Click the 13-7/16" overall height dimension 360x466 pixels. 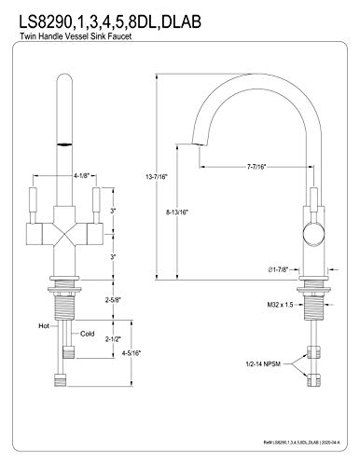pyautogui.click(x=157, y=177)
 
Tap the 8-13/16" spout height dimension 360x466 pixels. pyautogui.click(x=177, y=212)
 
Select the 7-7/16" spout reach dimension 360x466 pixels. pyautogui.click(x=256, y=167)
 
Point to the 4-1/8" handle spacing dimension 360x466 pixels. pyautogui.click(x=81, y=175)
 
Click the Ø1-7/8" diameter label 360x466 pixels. pyautogui.click(x=279, y=269)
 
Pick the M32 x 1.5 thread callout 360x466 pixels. pyautogui.click(x=280, y=305)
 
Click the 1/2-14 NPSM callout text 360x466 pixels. pyautogui.click(x=263, y=363)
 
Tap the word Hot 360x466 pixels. pyautogui.click(x=44, y=326)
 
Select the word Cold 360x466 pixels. pyautogui.click(x=88, y=334)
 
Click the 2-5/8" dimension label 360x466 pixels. pyautogui.click(x=113, y=300)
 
